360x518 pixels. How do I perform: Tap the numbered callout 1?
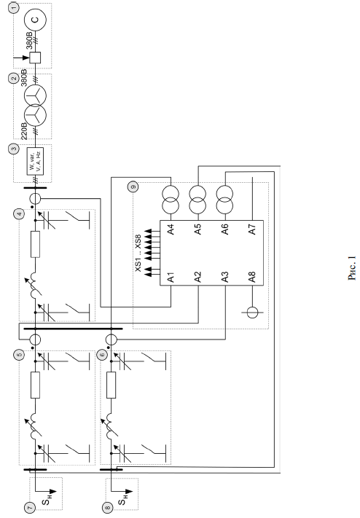click(14, 7)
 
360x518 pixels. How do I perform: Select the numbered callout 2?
click(14, 78)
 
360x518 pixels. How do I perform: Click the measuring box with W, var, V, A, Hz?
click(35, 161)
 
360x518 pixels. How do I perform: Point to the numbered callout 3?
click(14, 149)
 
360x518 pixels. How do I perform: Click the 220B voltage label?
click(25, 131)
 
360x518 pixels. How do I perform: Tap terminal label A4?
click(171, 229)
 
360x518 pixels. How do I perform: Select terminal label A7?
click(252, 229)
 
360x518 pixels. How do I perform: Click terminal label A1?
click(171, 277)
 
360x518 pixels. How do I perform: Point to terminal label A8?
click(252, 277)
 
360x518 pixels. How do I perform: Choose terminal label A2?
click(197, 277)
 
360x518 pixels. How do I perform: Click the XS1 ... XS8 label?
click(138, 253)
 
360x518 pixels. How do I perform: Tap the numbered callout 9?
click(133, 187)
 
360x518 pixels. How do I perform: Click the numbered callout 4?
click(20, 213)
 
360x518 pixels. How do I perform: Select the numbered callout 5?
click(20, 355)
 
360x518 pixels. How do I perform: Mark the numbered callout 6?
click(102, 355)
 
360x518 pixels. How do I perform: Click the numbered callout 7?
click(30, 507)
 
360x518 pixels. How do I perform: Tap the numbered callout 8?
click(107, 507)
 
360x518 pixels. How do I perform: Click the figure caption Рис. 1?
click(352, 268)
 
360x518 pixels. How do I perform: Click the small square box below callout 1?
click(35, 58)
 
